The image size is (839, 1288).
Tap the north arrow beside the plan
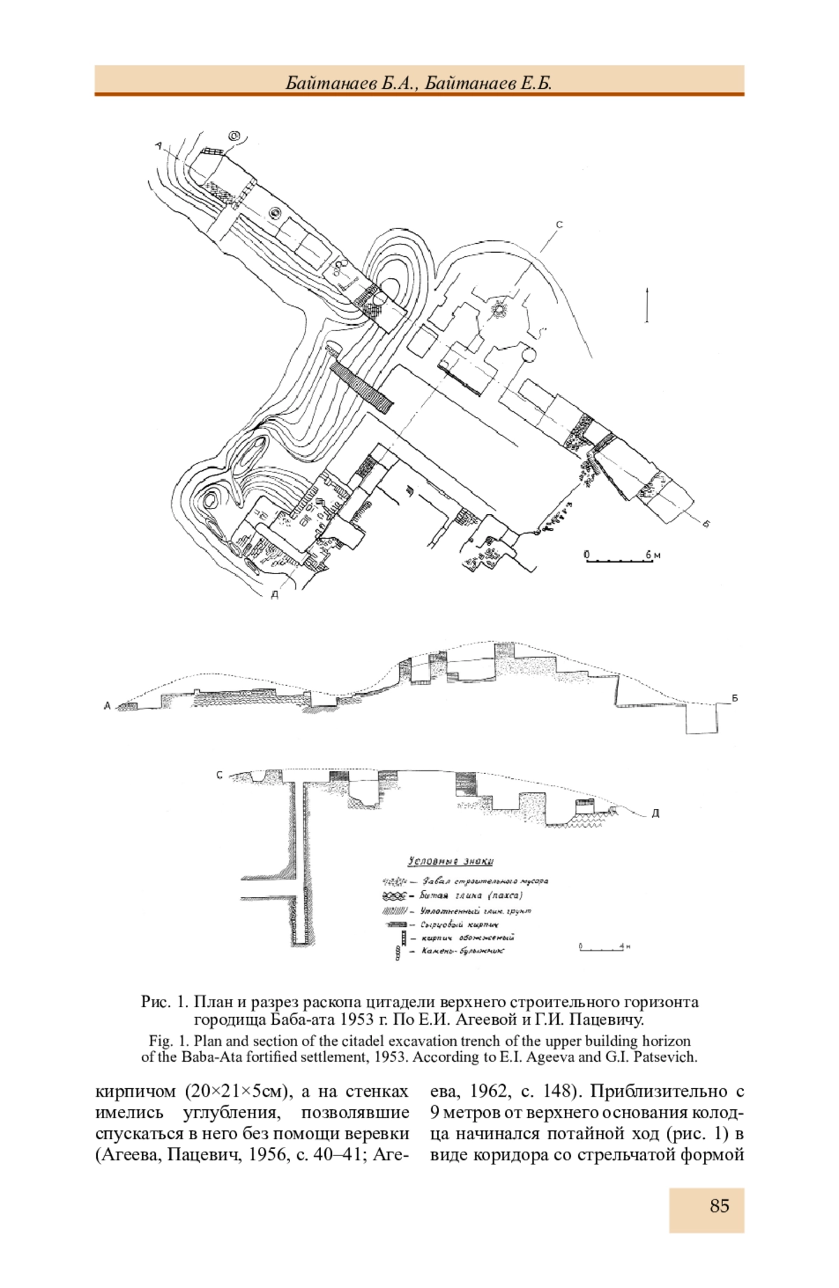[x=647, y=305]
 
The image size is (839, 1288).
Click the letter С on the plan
[x=559, y=225]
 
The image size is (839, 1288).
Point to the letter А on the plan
[x=159, y=145]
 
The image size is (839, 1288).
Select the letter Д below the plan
[x=275, y=595]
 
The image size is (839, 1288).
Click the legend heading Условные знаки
[x=450, y=861]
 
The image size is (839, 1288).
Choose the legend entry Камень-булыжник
[x=462, y=951]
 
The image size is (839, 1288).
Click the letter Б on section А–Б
[x=735, y=698]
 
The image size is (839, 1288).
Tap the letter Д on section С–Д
[x=655, y=814]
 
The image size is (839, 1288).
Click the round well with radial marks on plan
[x=500, y=309]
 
